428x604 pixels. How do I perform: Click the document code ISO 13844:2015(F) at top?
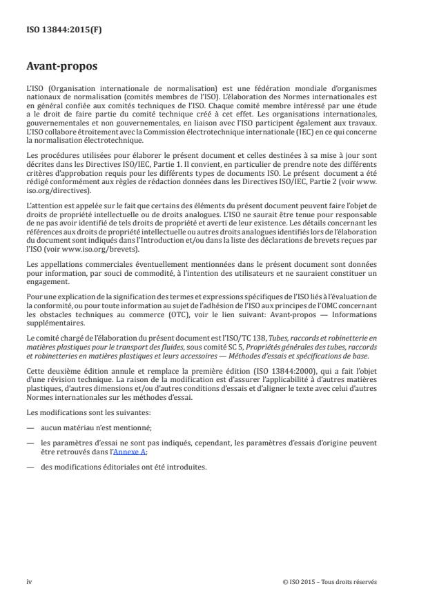(x=56, y=30)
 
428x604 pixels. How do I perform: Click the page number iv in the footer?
(x=29, y=581)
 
